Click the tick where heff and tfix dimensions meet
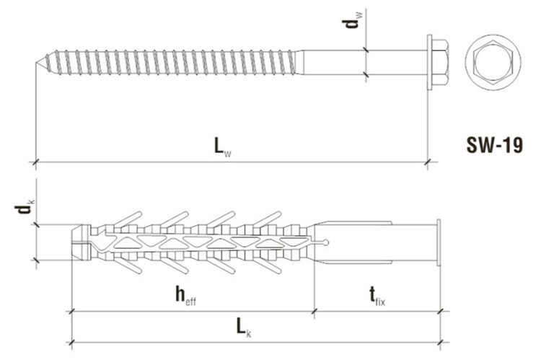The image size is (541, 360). click(315, 312)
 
